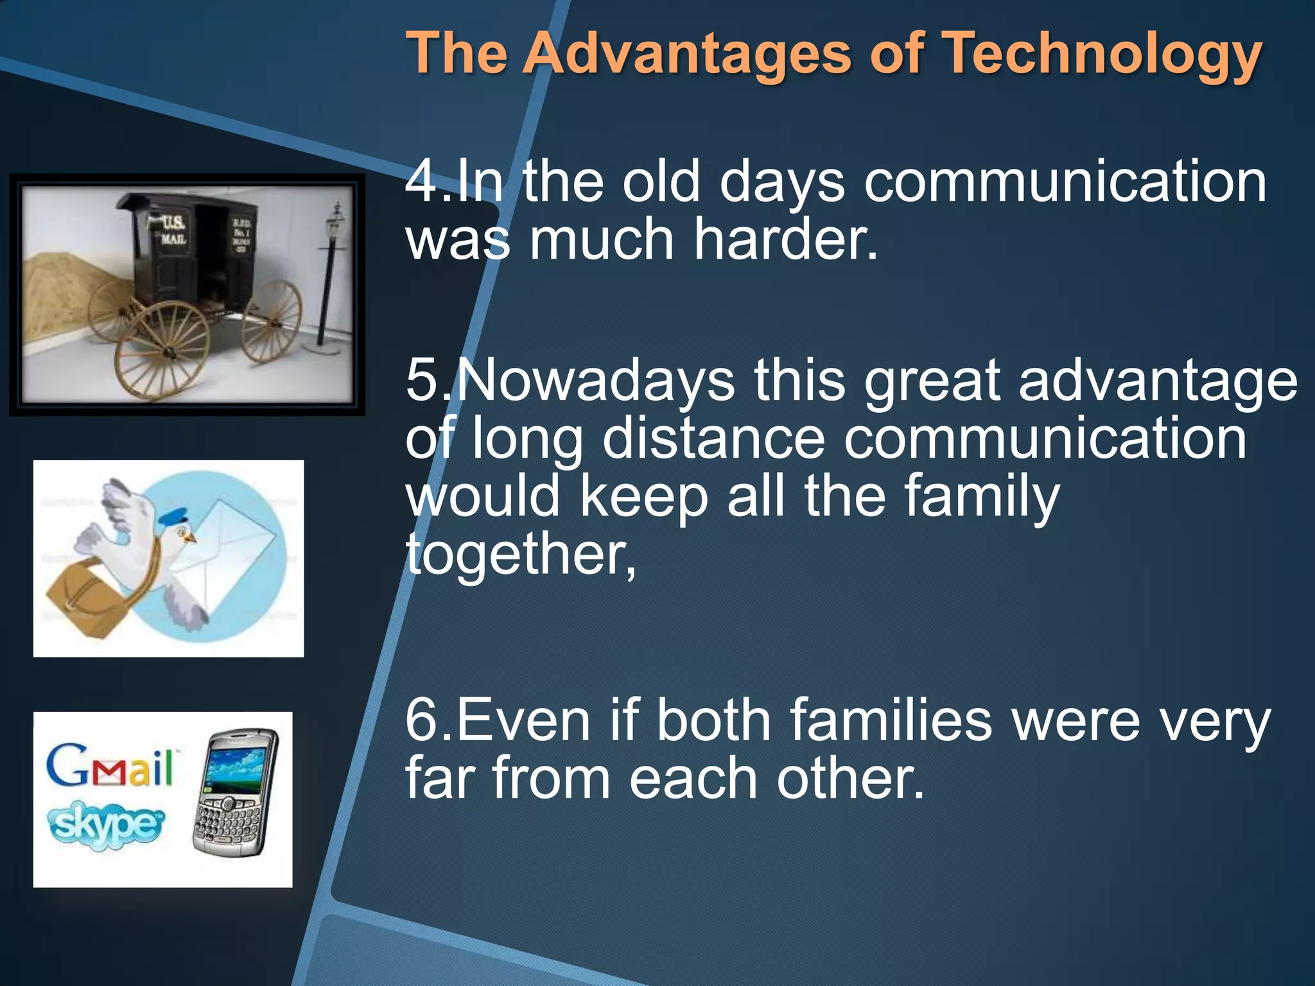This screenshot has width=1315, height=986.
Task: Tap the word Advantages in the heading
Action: (686, 54)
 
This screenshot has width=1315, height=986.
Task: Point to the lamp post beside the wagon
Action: (331, 276)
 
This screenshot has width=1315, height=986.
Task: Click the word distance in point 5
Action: (713, 439)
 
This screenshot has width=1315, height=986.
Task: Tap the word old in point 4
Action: (661, 182)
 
